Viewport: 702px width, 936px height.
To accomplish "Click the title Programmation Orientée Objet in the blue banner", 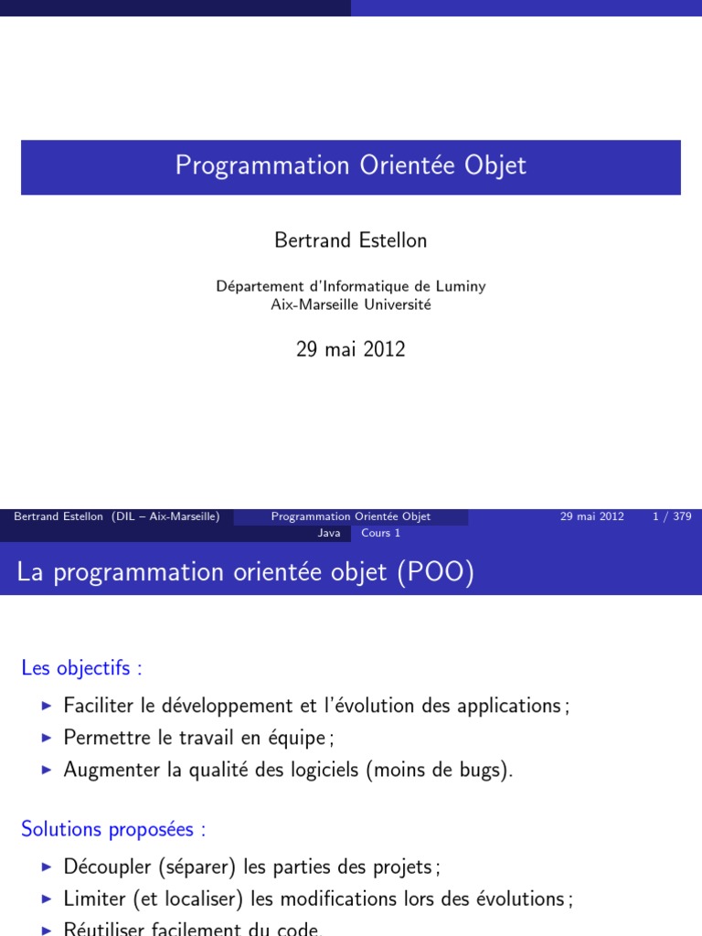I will (x=351, y=166).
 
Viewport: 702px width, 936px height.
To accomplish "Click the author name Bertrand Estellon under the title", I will (x=351, y=240).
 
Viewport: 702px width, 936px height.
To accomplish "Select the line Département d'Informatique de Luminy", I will (x=351, y=286).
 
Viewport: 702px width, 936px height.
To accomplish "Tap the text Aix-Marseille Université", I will (x=351, y=304).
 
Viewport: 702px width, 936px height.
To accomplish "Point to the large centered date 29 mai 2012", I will (x=351, y=349).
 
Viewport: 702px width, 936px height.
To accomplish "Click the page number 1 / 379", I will (x=672, y=516).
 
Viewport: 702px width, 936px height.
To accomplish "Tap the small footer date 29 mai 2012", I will (x=591, y=516).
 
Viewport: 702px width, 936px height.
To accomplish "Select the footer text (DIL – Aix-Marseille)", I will (x=165, y=516).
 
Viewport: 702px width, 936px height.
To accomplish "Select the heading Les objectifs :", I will (x=81, y=668).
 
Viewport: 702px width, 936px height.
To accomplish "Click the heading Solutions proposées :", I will (x=113, y=830).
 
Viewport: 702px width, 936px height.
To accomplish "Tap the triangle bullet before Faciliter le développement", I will (x=48, y=706).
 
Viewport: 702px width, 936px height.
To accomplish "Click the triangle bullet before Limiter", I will (x=48, y=899).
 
